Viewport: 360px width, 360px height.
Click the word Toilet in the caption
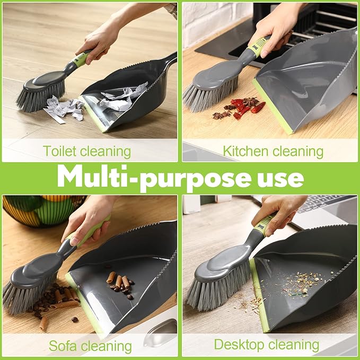59,152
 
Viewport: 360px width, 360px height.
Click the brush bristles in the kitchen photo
209,95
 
